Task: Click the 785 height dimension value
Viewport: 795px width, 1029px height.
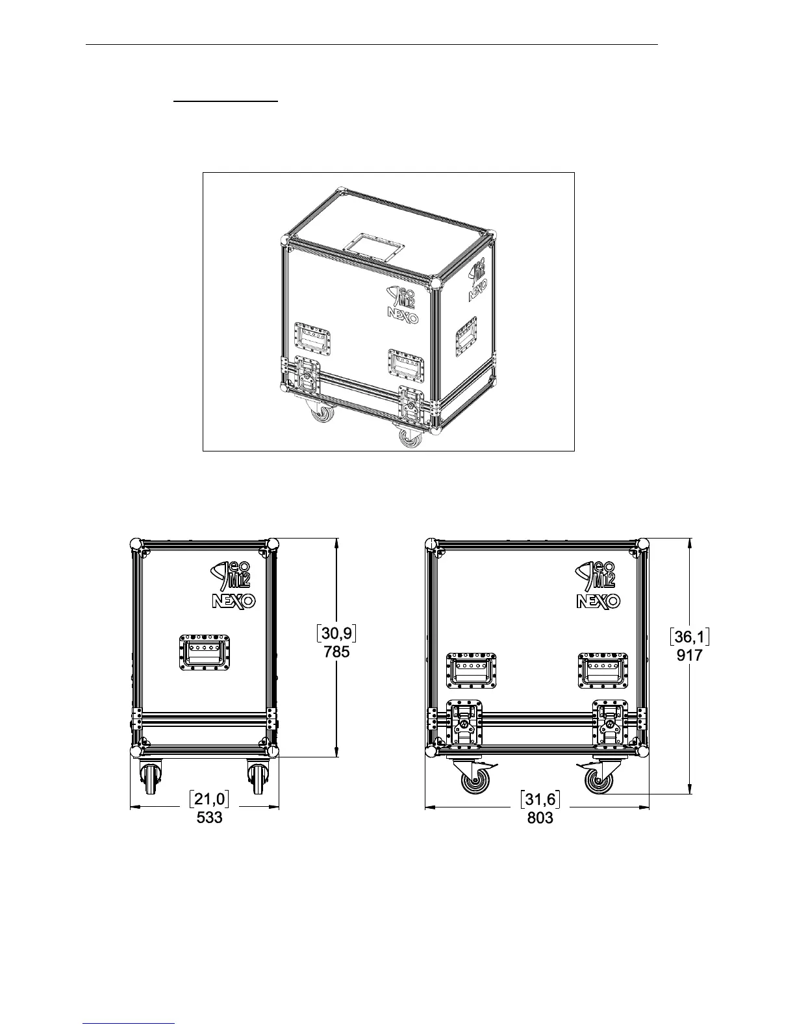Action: click(x=336, y=652)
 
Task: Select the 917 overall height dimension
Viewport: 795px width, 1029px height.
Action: click(x=689, y=655)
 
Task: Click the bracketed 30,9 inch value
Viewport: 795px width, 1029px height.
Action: click(x=336, y=633)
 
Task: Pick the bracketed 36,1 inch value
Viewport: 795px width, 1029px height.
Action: click(x=689, y=637)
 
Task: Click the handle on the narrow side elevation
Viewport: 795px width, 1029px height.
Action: click(x=205, y=653)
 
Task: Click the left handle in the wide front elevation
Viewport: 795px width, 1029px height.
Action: click(x=471, y=670)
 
